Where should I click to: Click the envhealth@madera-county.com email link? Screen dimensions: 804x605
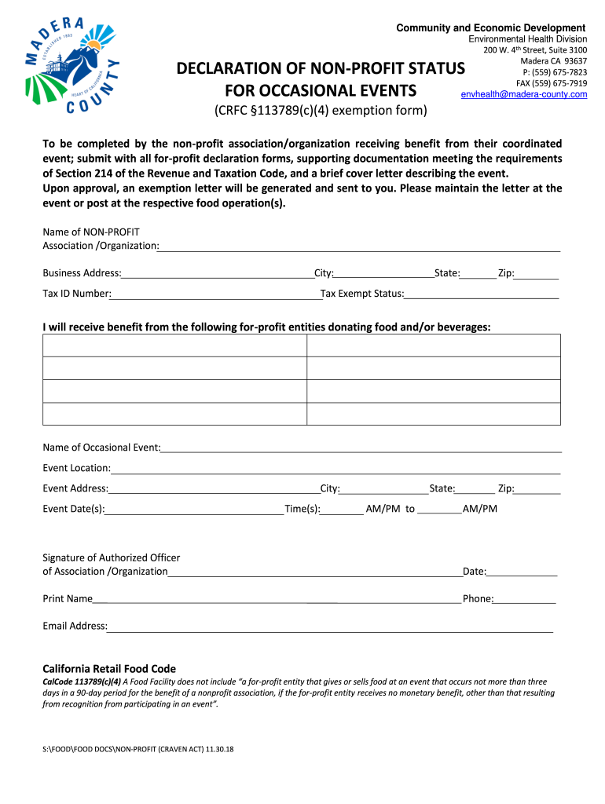524,94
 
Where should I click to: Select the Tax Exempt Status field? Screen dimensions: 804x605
481,294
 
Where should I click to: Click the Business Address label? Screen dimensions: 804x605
82,273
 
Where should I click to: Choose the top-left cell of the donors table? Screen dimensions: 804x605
174,345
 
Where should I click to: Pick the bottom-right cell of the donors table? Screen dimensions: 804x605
433,414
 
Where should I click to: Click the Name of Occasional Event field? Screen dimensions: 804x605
361,448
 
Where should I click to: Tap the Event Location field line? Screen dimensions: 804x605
335,469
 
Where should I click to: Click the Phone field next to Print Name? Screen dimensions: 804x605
525,599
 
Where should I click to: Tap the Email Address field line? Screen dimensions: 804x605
330,627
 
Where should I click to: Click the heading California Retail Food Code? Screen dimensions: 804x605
109,668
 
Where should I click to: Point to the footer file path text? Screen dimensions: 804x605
138,749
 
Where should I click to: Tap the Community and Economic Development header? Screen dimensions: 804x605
490,28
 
